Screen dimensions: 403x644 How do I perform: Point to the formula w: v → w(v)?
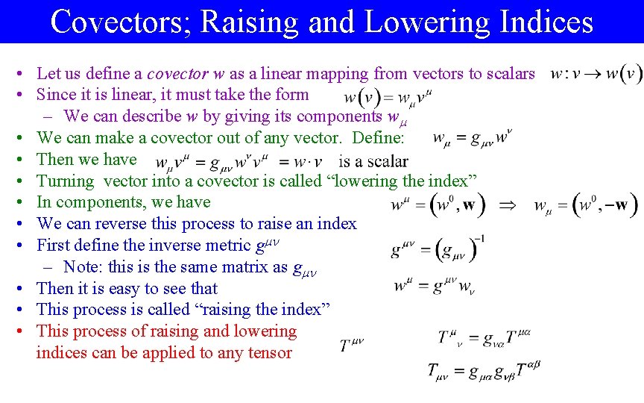596,74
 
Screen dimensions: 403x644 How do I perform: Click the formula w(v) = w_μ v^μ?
388,98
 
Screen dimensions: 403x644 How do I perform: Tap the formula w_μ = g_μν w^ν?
473,139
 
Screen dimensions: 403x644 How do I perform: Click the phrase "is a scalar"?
373,161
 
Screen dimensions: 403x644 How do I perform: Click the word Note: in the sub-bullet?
83,266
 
